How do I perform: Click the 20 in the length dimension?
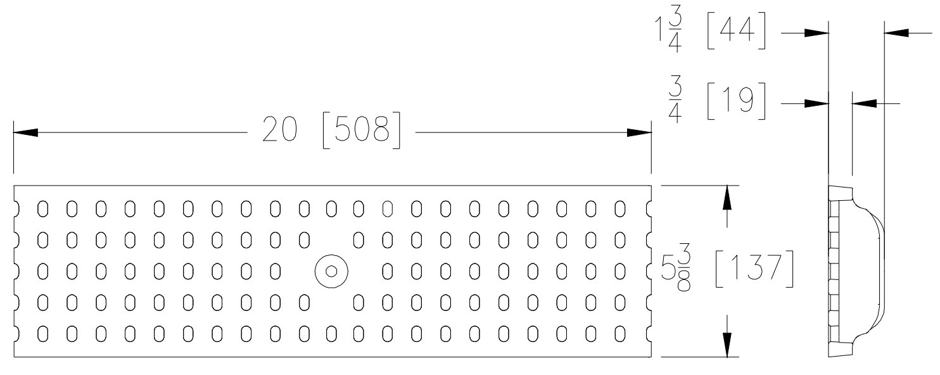tap(279, 129)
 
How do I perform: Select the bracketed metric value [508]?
tap(362, 130)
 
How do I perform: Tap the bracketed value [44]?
tap(737, 31)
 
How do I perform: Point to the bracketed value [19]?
tap(737, 101)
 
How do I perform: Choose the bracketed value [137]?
tap(754, 269)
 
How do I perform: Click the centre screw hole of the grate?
tap(331, 271)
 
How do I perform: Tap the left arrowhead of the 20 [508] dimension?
tap(25, 132)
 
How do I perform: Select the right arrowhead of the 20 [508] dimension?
tap(639, 132)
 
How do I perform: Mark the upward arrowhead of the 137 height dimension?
tap(727, 198)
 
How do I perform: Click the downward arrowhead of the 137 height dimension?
tap(727, 345)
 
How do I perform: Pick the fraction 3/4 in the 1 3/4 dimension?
tap(675, 31)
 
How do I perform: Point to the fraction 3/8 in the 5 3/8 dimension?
tap(683, 269)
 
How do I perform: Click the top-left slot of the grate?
tap(43, 208)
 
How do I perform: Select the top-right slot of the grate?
tap(620, 208)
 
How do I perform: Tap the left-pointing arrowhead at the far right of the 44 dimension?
tap(896, 32)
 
